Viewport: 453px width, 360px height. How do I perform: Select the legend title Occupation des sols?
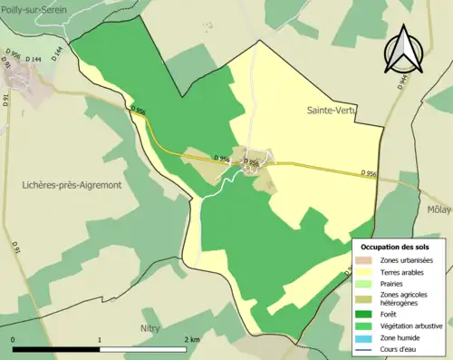396,247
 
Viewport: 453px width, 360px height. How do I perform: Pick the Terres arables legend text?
406,271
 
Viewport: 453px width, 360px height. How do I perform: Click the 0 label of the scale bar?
14,339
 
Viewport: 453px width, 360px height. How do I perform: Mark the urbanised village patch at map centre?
251,160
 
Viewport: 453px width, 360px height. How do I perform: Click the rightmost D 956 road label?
368,172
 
